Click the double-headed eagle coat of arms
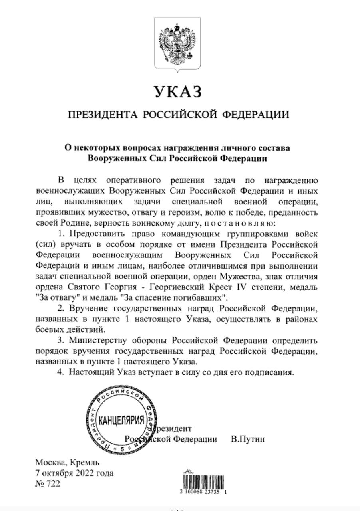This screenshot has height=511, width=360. tap(177, 45)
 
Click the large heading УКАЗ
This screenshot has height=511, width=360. tap(177, 92)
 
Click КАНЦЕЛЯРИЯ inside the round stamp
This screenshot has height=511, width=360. tap(121, 421)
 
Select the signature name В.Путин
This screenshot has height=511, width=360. tap(248, 439)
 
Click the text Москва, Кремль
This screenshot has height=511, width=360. tap(67, 463)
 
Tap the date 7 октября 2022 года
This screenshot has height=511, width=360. tap(74, 473)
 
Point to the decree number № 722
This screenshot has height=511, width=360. tap(48, 484)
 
